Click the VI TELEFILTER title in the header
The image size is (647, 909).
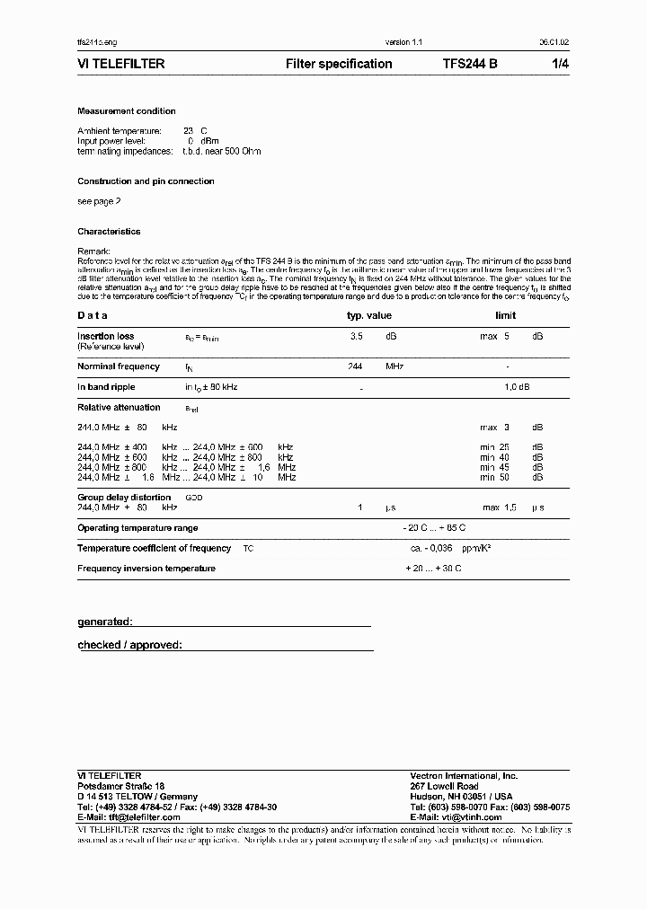120,64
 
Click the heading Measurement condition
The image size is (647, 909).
127,111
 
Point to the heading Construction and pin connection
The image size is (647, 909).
146,181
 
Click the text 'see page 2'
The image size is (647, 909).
99,202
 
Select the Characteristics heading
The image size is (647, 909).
109,232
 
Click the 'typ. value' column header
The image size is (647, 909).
369,315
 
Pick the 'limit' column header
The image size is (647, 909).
506,315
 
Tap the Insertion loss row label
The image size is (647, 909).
106,336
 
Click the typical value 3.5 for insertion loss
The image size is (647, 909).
356,336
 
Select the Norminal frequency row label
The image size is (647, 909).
119,366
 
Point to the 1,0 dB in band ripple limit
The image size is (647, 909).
517,387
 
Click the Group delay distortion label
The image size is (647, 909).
124,497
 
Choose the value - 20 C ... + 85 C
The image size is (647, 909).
436,528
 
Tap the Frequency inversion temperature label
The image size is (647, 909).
146,569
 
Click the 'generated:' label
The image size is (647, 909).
105,622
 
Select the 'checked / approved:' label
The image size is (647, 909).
130,645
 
